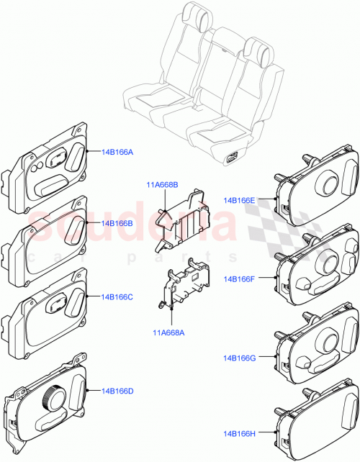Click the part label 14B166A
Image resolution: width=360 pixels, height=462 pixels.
click(x=117, y=152)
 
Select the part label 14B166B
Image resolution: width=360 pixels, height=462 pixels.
click(x=117, y=224)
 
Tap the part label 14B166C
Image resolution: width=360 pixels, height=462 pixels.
click(x=117, y=296)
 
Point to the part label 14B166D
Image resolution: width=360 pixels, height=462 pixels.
click(x=117, y=391)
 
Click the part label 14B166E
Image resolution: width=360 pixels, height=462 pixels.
click(x=239, y=201)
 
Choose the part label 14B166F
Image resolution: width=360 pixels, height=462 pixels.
click(x=239, y=278)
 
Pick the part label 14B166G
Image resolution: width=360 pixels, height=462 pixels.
click(x=239, y=357)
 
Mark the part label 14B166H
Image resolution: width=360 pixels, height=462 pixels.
click(x=239, y=432)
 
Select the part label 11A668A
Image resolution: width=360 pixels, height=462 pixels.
click(x=168, y=332)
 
